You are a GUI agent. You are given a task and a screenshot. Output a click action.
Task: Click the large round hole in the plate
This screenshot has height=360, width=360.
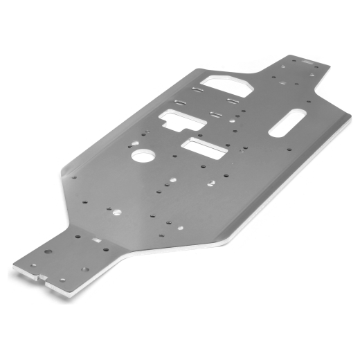tap(143, 156)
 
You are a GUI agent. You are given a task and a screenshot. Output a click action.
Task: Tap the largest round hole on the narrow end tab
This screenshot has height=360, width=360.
tap(48, 251)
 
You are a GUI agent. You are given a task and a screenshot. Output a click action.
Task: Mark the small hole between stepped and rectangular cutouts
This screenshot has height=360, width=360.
tap(195, 131)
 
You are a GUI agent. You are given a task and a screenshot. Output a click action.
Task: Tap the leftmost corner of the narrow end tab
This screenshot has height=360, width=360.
tap(11, 264)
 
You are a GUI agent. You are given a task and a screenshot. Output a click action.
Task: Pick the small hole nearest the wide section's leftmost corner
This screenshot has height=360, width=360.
tap(74, 177)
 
